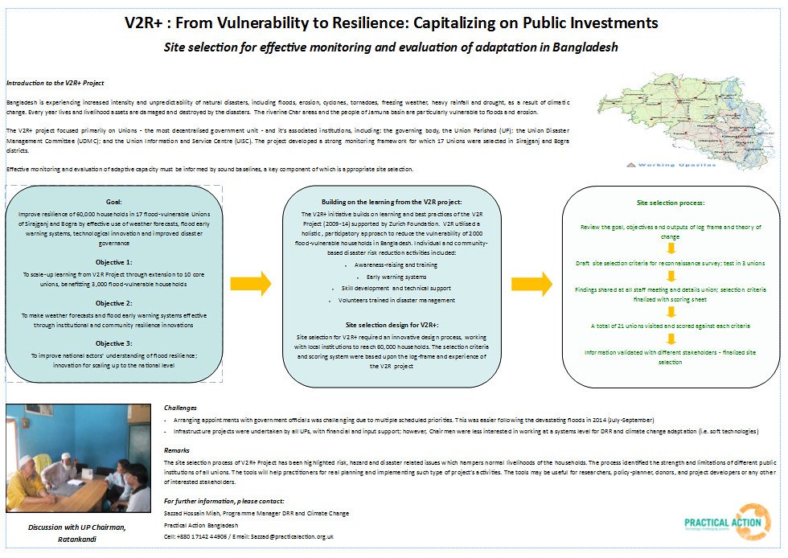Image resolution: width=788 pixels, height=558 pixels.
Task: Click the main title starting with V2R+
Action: click(391, 22)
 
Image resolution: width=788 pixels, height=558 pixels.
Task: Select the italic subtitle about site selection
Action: click(391, 47)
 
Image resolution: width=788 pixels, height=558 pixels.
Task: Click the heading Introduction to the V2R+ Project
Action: click(55, 83)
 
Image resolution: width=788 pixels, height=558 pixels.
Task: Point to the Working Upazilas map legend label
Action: click(675, 164)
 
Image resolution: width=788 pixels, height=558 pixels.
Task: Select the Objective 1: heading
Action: click(113, 262)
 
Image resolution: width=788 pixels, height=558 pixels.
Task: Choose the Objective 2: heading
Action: click(113, 303)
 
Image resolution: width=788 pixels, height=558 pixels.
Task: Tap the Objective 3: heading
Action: click(113, 343)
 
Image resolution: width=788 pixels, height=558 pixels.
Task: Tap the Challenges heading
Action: click(182, 408)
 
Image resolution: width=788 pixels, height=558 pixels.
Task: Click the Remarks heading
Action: click(177, 450)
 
